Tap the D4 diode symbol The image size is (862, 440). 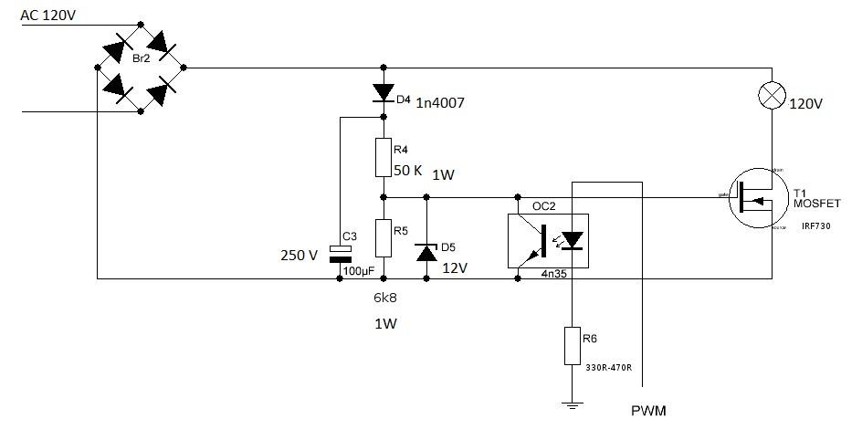coord(383,92)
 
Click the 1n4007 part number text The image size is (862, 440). coord(440,103)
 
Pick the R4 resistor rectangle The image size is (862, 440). coord(383,157)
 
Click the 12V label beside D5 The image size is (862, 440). coord(455,268)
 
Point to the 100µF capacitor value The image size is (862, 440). coord(359,271)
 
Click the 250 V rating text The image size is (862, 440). coord(299,256)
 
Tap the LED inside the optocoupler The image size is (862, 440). coord(572,240)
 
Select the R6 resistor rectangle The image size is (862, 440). coord(572,344)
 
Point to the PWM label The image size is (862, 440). coord(648,411)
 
